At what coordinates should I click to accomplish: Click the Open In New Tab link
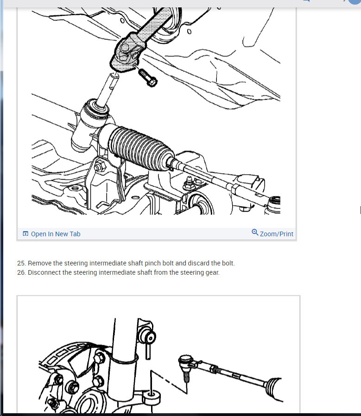point(55,234)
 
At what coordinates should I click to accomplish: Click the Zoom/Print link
point(276,234)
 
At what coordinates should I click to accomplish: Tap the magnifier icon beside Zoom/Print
point(255,233)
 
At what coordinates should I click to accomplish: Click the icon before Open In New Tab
point(25,234)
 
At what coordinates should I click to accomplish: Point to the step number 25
point(21,263)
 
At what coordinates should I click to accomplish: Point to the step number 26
point(21,272)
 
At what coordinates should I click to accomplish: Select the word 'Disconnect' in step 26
point(44,272)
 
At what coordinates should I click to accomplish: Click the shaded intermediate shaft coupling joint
point(127,53)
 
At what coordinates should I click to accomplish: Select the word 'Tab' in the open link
point(74,234)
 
